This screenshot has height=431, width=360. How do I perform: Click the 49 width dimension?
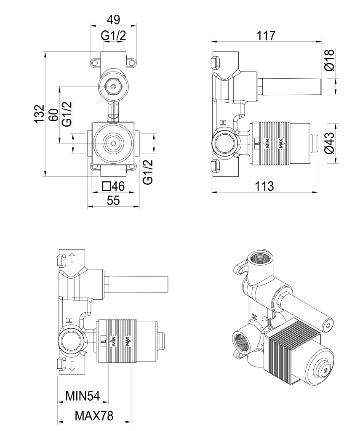pyautogui.click(x=113, y=20)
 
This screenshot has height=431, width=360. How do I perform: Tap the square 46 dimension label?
pyautogui.click(x=113, y=186)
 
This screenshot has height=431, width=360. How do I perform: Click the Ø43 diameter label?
pyautogui.click(x=330, y=143)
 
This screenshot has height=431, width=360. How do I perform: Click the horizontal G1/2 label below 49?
pyautogui.click(x=113, y=37)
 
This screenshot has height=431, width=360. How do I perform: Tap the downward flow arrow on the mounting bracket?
pyautogui.click(x=72, y=365)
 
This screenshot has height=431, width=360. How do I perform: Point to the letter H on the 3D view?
pyautogui.click(x=254, y=317)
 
